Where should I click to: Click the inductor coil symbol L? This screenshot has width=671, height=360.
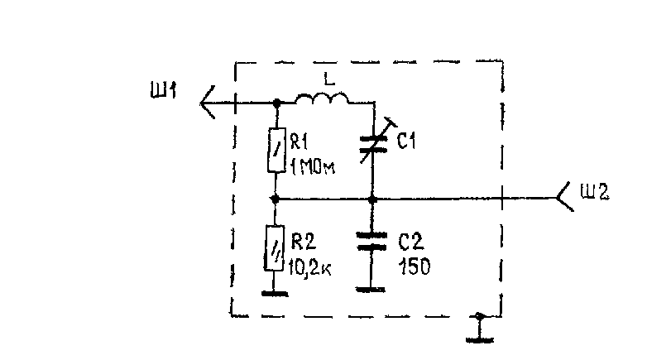[x=322, y=98]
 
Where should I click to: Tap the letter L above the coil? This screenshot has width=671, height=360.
[x=328, y=79]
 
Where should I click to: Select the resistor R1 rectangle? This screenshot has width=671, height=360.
[x=276, y=150]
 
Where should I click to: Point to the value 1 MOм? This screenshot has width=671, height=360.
[x=313, y=167]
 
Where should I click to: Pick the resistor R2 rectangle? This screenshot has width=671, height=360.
[x=275, y=248]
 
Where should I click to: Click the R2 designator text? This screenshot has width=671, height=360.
[x=304, y=242]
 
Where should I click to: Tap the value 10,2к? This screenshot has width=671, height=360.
[x=309, y=267]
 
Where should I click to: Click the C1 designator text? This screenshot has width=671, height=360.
[x=406, y=141]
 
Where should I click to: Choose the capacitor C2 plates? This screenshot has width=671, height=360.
[x=371, y=241]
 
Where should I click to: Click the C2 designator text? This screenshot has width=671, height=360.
[x=411, y=242]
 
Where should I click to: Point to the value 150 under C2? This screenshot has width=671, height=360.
[x=414, y=266]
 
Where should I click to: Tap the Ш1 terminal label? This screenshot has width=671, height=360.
[x=163, y=91]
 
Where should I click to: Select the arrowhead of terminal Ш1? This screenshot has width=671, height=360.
[x=207, y=103]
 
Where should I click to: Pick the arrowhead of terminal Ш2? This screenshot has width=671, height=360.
[x=565, y=197]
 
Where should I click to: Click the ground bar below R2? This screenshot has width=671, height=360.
[x=275, y=294]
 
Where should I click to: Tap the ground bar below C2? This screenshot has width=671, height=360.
[x=371, y=290]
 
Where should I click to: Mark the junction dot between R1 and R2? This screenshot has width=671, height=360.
[x=276, y=199]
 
